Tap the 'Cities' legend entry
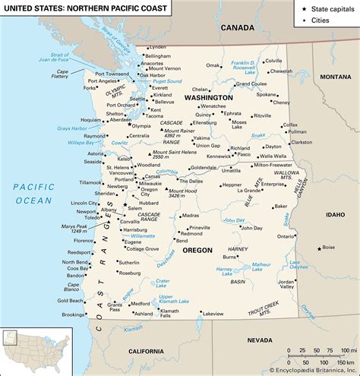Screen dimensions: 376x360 coord(318,21)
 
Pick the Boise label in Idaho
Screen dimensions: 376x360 coord(328,247)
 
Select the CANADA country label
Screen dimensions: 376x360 coord(237,27)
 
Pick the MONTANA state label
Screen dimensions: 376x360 coord(335,77)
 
